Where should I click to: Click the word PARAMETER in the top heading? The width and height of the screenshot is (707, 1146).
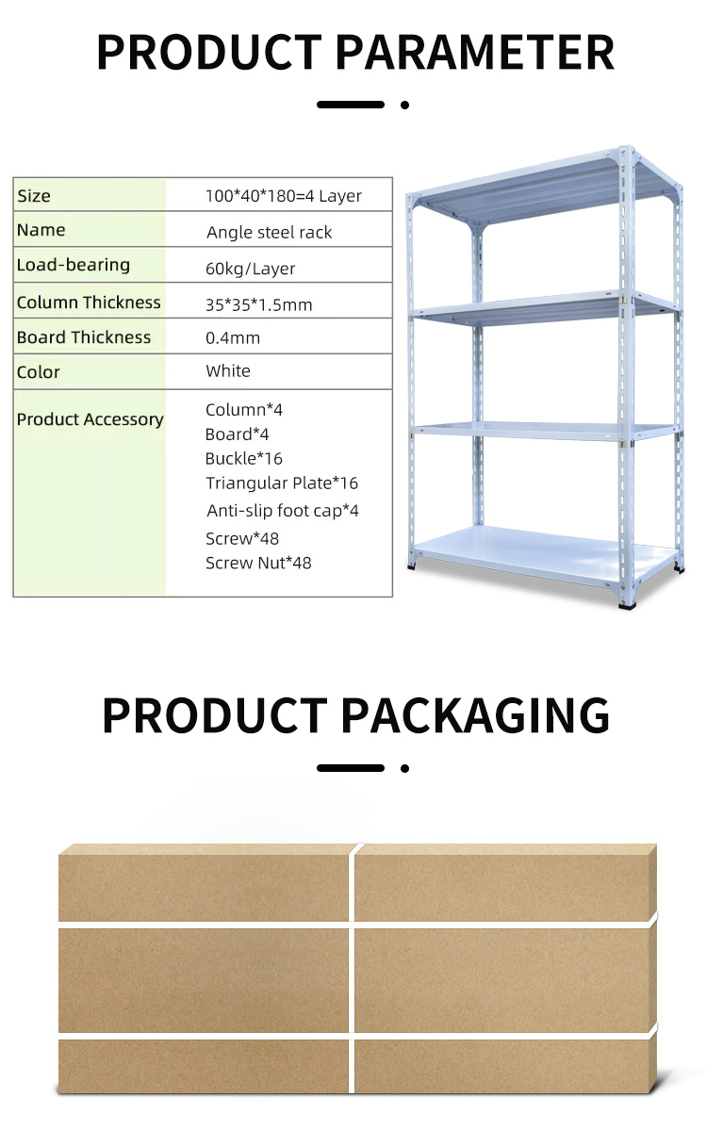[475, 52]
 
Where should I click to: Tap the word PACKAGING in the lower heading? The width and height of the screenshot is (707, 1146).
[475, 714]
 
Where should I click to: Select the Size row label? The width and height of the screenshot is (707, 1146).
[34, 196]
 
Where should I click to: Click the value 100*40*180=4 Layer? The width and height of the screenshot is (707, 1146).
[284, 196]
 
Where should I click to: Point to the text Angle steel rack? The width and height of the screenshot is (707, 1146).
[269, 233]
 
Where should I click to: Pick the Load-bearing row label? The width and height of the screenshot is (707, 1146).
[74, 265]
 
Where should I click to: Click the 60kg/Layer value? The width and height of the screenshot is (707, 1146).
[250, 269]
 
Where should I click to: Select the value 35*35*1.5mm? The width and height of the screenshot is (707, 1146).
[259, 305]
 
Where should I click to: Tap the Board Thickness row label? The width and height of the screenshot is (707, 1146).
[84, 337]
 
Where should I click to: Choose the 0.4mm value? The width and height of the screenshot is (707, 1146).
[233, 338]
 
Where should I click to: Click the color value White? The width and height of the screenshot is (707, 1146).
[228, 371]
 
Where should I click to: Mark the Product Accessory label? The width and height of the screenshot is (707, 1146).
[90, 419]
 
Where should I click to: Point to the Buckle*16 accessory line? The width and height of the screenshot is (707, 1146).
[243, 459]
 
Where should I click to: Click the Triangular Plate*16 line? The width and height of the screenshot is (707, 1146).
[282, 483]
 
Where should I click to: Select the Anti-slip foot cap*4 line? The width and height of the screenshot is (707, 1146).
[283, 511]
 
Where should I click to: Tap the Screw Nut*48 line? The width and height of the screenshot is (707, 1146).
[258, 564]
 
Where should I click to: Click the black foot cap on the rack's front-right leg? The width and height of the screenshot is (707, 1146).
[625, 605]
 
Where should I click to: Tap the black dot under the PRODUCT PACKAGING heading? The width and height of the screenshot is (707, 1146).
[404, 768]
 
